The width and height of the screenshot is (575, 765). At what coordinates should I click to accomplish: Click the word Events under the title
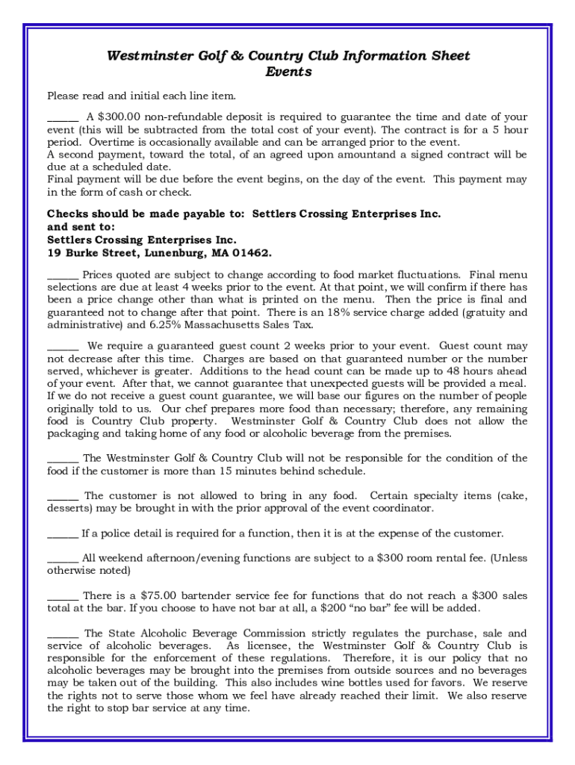pyautogui.click(x=288, y=72)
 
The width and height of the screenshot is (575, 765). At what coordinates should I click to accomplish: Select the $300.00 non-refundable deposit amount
pyautogui.click(x=114, y=117)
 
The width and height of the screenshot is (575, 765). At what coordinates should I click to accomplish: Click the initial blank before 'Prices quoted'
pyautogui.click(x=63, y=274)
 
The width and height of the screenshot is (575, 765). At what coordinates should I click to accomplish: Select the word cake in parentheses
pyautogui.click(x=509, y=495)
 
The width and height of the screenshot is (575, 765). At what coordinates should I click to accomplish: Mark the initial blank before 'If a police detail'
pyautogui.click(x=63, y=533)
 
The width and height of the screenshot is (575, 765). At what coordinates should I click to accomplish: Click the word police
pyautogui.click(x=123, y=533)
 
